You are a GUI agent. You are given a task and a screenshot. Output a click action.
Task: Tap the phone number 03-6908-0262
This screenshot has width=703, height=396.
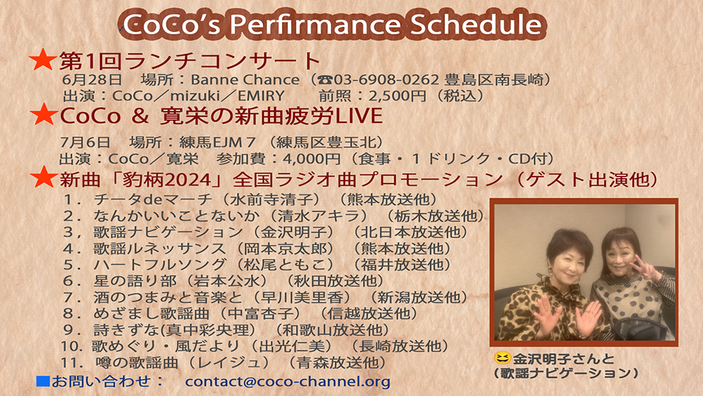click(386, 79)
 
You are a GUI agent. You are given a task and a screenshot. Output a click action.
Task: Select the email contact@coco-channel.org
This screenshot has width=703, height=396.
click(288, 381)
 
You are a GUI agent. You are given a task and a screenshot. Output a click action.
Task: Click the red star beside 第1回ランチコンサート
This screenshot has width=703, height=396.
click(43, 60)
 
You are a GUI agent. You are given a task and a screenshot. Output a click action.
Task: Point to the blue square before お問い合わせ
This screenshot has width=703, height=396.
click(43, 381)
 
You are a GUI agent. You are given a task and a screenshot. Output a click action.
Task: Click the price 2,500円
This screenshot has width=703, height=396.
click(397, 96)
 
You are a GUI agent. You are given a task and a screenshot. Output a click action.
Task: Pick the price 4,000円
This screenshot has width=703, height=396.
click(311, 159)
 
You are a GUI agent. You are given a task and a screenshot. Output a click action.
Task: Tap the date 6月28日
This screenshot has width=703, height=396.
click(92, 79)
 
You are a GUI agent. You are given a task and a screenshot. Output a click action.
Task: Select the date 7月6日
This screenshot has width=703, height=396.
click(85, 142)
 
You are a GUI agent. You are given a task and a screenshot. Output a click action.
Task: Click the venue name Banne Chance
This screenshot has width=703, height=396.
click(245, 79)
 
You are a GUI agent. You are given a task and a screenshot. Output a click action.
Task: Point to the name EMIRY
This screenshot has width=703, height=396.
click(261, 96)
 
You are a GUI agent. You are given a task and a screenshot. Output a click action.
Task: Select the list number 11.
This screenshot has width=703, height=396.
click(70, 362)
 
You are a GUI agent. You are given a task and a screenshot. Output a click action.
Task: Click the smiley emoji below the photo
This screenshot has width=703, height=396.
click(503, 358)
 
